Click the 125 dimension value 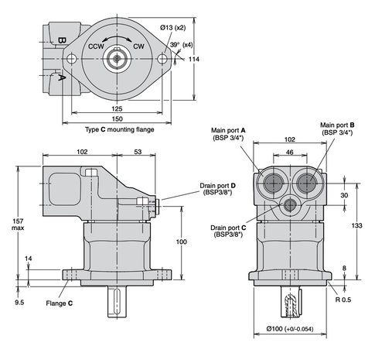(x=117, y=108)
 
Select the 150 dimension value (x=117, y=119)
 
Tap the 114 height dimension (x=194, y=60)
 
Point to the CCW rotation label (x=96, y=46)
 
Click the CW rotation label (x=138, y=46)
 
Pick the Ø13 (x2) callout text (x=172, y=28)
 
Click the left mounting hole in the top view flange (x=71, y=59)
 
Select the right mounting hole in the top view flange (x=162, y=59)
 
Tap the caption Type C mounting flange (x=120, y=129)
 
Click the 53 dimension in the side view (x=138, y=152)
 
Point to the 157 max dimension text (x=18, y=225)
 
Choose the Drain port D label (x=218, y=189)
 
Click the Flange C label (x=60, y=303)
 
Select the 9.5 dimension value (x=19, y=303)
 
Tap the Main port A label (x=228, y=134)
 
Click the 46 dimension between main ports (x=290, y=153)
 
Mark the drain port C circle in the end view (x=290, y=205)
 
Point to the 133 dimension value (x=356, y=225)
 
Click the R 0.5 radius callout (x=343, y=300)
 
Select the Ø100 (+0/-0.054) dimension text (x=290, y=329)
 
